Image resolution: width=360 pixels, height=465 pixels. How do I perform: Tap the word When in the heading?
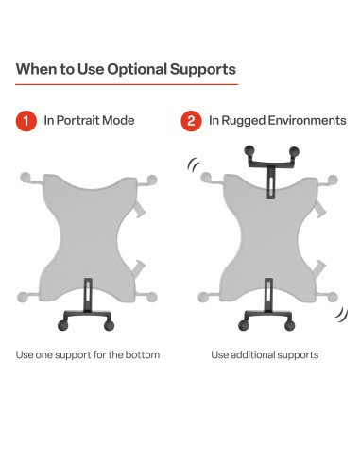coord(39,70)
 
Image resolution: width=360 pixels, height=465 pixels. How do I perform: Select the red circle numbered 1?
coord(26,121)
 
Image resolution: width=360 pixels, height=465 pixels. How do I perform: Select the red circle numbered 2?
coord(190,121)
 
